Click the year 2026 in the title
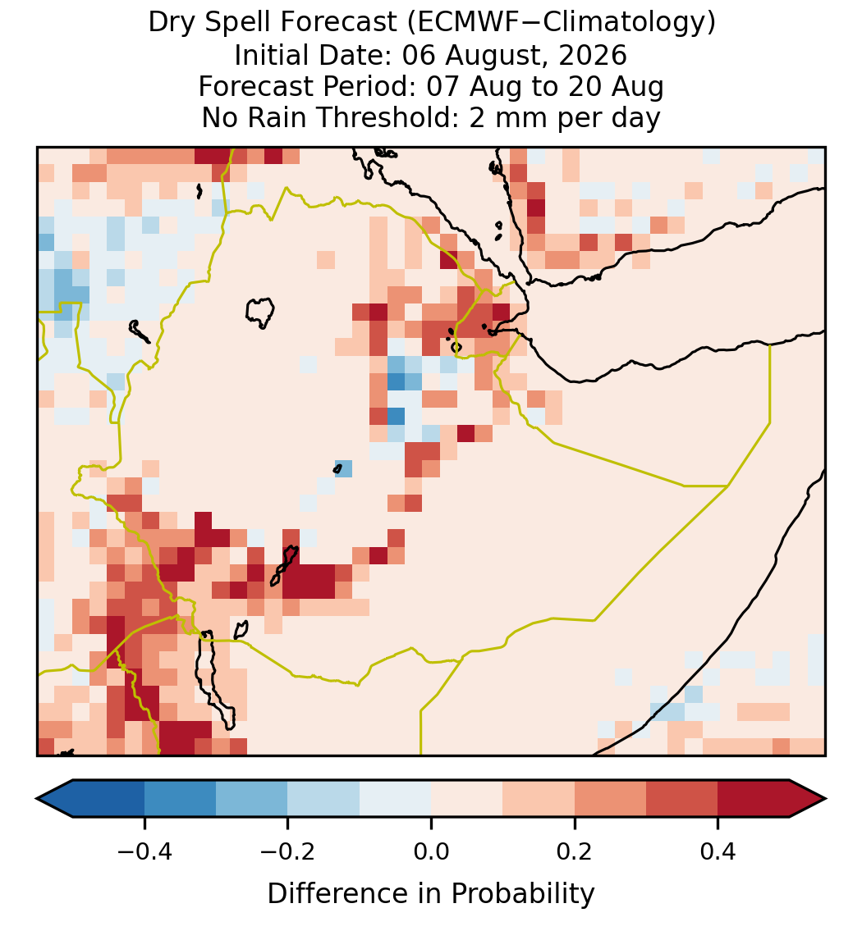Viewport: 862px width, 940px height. (593, 55)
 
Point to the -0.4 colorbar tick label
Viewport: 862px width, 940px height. (144, 851)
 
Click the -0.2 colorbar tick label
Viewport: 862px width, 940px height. (288, 851)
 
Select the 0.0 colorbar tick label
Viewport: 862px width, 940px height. (431, 851)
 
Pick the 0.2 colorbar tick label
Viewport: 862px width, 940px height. (575, 851)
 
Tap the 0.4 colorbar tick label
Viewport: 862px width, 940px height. (718, 851)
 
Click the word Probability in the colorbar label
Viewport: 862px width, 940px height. (522, 894)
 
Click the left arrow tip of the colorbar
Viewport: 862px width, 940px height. (37, 799)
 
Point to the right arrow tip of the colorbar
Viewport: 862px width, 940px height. (826, 799)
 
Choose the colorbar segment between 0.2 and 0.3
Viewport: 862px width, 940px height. (611, 799)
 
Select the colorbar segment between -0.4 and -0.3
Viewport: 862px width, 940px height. (181, 799)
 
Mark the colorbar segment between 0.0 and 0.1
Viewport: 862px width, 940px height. (467, 799)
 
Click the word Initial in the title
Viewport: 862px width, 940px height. (271, 55)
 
